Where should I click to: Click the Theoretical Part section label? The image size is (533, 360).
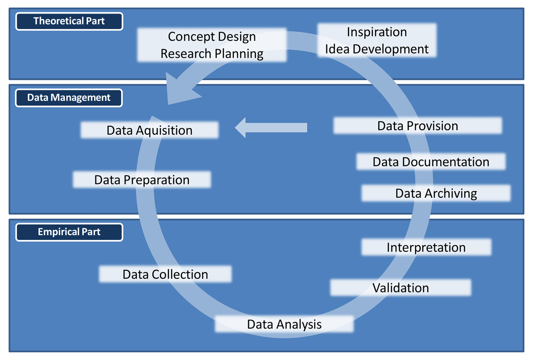(x=69, y=21)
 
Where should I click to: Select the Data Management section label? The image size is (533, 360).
(x=69, y=97)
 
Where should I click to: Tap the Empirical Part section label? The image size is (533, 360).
(x=69, y=232)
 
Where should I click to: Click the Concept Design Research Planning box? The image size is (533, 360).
(x=212, y=45)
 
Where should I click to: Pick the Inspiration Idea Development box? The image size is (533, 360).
(x=377, y=40)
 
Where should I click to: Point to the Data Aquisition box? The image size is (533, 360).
(x=150, y=130)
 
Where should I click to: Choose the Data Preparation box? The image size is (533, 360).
(x=142, y=180)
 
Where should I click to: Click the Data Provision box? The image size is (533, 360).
(x=418, y=126)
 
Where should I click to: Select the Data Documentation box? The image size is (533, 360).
(x=431, y=162)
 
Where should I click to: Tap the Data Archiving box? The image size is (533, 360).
(x=436, y=193)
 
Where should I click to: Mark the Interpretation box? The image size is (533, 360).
(x=426, y=247)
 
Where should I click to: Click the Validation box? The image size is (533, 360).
(x=401, y=288)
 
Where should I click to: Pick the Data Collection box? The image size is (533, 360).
(x=165, y=274)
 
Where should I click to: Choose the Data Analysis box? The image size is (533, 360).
(x=284, y=324)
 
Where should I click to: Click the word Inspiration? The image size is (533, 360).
(x=377, y=32)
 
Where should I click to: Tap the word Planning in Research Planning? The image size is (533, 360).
(x=239, y=54)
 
